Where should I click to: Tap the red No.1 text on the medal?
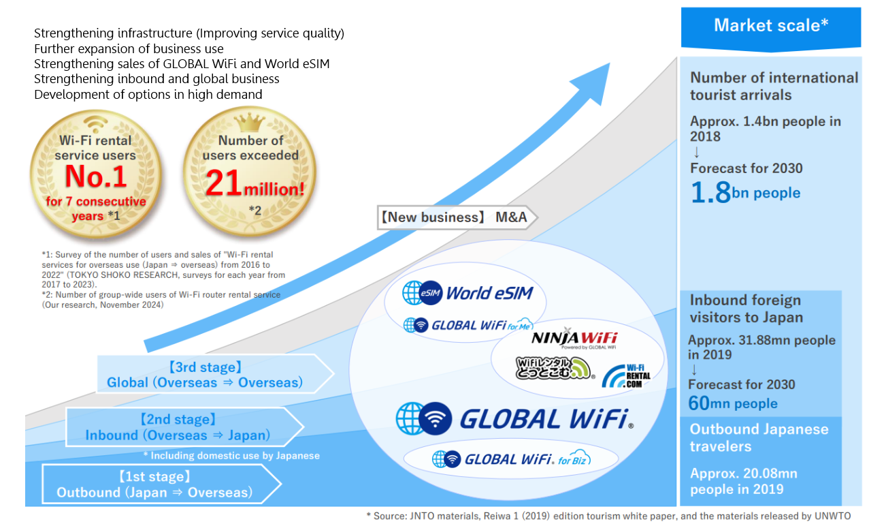[x=96, y=176]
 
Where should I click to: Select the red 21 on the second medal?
[x=223, y=183]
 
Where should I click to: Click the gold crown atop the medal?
[x=250, y=123]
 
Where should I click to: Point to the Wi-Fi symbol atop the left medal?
[x=95, y=123]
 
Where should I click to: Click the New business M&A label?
[x=457, y=217]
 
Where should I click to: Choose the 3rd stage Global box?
[x=215, y=374]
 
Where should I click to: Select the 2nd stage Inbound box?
[x=184, y=427]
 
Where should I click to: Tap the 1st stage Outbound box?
[x=161, y=484]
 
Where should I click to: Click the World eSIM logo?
[x=468, y=293]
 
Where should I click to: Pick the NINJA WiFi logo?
[x=574, y=339]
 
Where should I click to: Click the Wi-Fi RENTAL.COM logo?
[x=626, y=376]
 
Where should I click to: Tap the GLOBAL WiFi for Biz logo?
[x=511, y=459]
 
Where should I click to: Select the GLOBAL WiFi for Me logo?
[x=468, y=325]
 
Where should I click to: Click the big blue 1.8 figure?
[x=710, y=192]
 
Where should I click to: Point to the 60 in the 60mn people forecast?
[x=699, y=403]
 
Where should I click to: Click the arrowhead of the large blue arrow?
[x=593, y=82]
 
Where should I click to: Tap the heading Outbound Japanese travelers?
[x=759, y=438]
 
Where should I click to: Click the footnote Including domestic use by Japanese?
[x=231, y=456]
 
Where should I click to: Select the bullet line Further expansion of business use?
[x=129, y=49]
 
